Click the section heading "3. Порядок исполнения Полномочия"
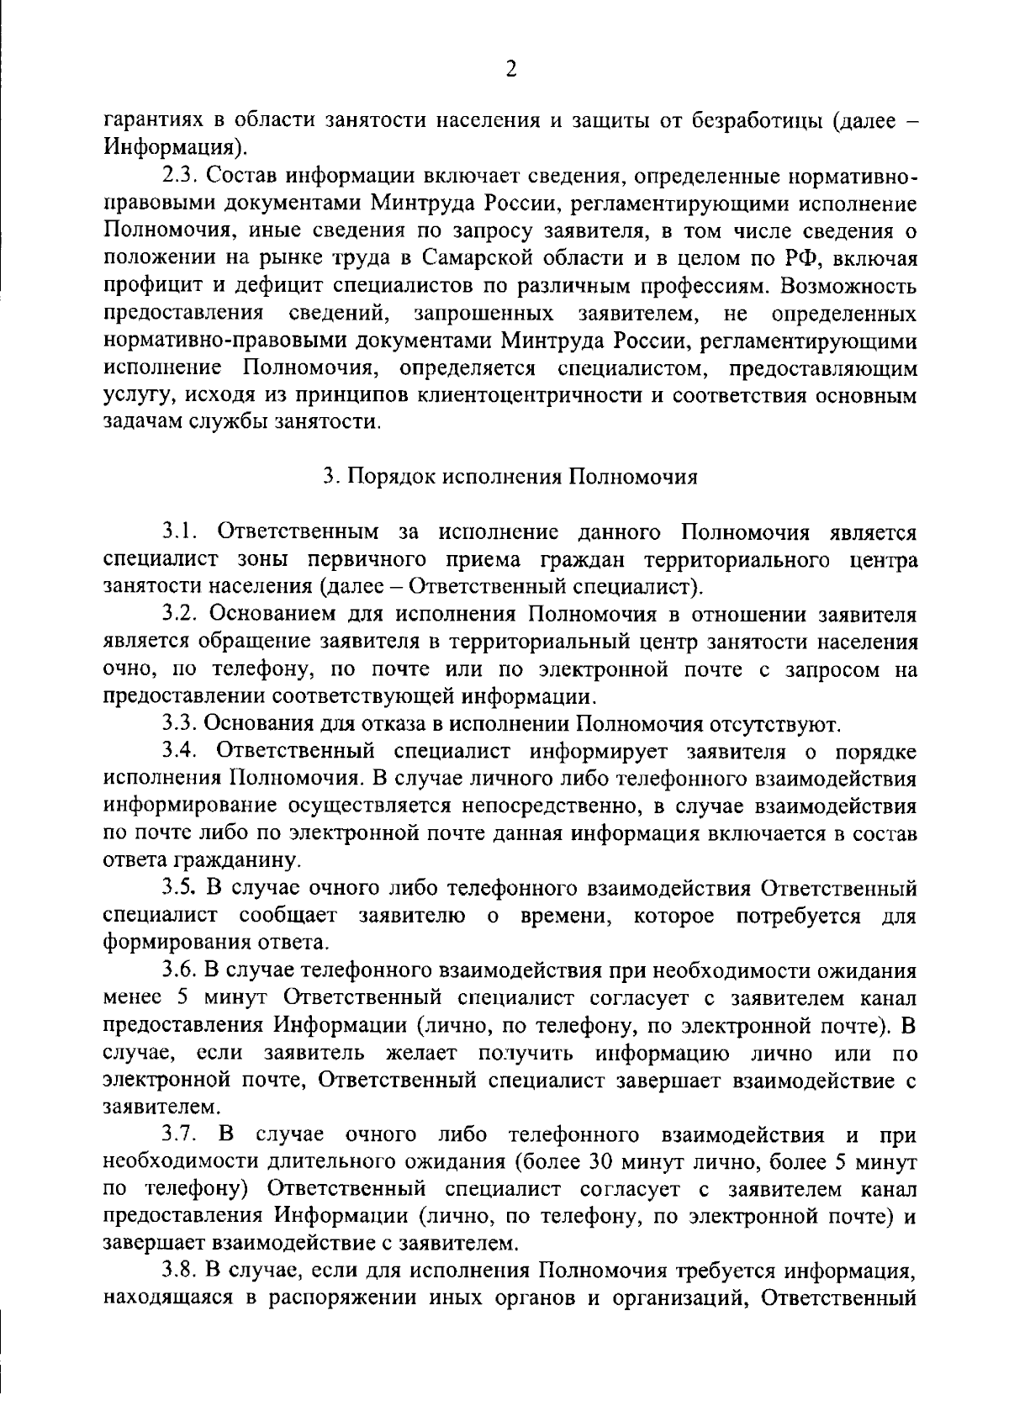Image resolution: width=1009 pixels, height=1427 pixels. (x=510, y=477)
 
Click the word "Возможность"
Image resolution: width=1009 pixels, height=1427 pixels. (x=848, y=285)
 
